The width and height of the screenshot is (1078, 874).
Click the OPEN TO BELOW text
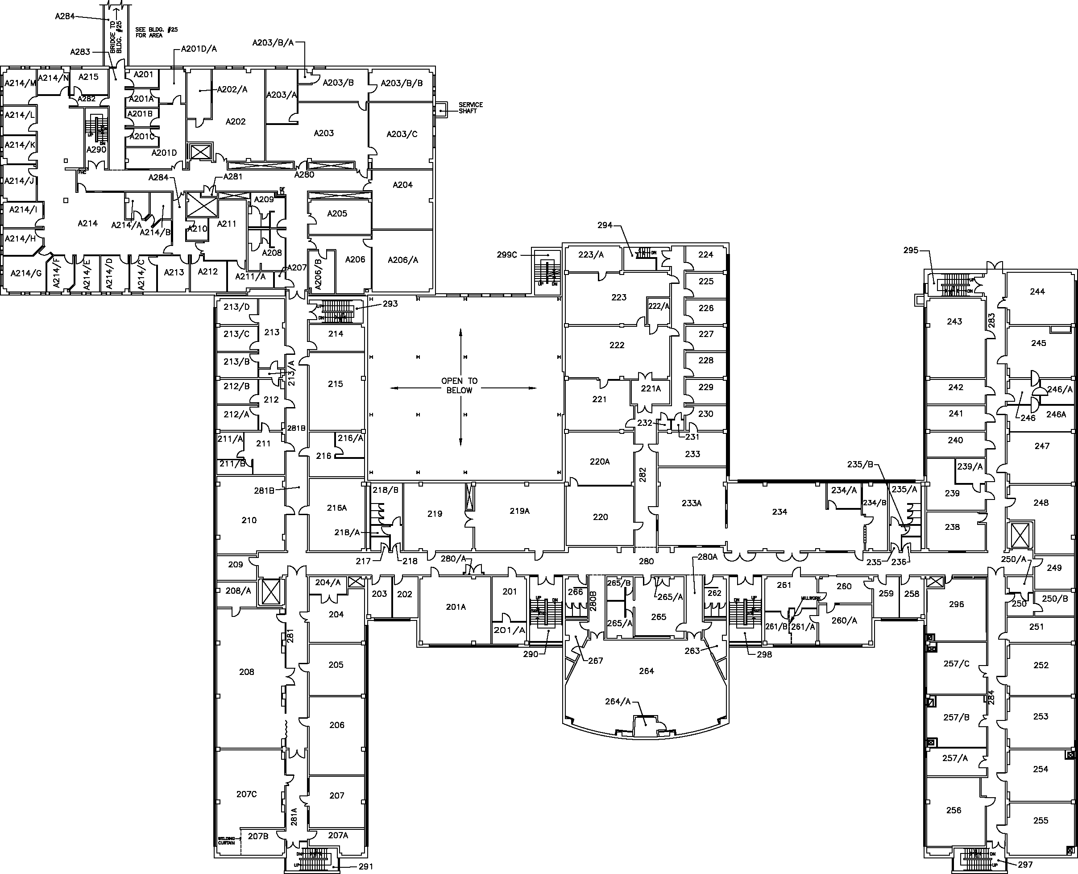[460, 386]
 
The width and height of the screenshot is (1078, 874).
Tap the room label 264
[647, 671]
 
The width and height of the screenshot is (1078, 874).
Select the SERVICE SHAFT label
[471, 108]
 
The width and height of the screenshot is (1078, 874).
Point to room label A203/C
[402, 134]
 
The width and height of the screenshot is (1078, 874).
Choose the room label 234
[779, 512]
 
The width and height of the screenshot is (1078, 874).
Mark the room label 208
[247, 672]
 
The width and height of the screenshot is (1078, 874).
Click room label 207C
[247, 795]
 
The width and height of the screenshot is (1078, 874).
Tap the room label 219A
[519, 511]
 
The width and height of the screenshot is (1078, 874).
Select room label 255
[1041, 820]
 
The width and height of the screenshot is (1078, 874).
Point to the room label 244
[1037, 291]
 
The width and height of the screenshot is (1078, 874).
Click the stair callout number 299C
[507, 255]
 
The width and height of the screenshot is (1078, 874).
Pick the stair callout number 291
[366, 866]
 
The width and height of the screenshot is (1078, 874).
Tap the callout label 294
[605, 225]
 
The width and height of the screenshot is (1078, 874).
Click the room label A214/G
[26, 273]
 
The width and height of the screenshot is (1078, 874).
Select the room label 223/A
[591, 255]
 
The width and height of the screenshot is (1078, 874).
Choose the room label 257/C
[956, 664]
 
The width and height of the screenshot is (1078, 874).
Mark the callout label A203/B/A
[273, 43]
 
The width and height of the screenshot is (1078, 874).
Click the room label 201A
[456, 607]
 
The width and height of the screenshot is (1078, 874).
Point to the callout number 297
[1025, 865]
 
